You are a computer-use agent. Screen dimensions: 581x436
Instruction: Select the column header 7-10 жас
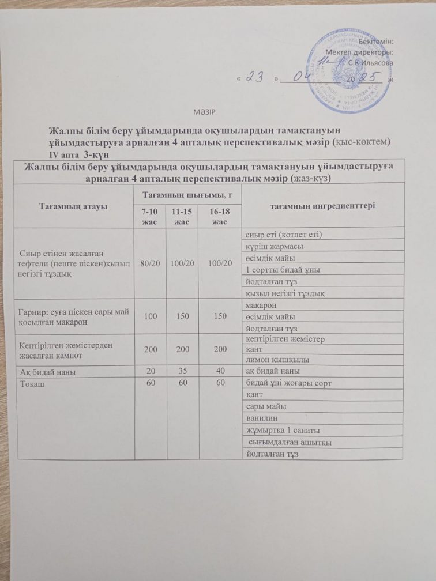(x=149, y=218)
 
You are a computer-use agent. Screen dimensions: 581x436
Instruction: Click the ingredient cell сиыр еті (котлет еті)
(x=282, y=234)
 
